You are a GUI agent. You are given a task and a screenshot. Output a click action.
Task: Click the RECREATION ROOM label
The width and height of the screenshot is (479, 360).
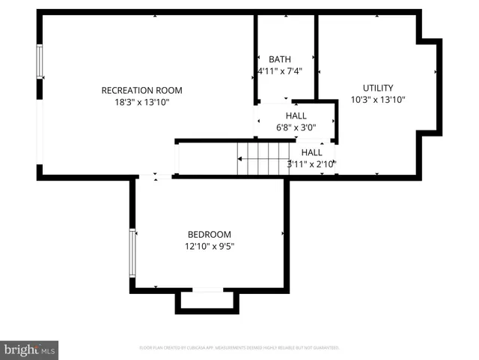141,91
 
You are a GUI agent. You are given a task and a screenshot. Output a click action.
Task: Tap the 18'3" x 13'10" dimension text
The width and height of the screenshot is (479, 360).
141,103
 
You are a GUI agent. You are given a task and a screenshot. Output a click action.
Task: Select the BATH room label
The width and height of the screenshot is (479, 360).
280,59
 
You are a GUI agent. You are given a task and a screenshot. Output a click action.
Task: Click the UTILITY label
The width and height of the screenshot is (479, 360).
378,88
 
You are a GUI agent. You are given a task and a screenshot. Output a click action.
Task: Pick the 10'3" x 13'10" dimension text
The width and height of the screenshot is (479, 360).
378,100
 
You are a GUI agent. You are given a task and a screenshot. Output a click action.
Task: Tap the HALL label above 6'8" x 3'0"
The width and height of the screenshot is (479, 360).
296,115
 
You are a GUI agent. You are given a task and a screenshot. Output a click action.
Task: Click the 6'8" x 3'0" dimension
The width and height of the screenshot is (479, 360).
296,127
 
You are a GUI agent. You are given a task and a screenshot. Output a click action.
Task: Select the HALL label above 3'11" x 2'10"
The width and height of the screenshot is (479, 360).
311,152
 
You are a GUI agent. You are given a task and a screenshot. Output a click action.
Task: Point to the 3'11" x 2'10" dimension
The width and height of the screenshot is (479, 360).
311,163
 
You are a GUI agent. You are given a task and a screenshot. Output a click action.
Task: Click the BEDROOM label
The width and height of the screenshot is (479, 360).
209,234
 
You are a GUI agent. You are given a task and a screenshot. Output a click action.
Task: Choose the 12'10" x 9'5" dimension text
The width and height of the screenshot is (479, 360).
209,246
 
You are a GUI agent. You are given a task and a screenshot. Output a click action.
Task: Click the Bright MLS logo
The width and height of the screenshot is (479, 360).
30,349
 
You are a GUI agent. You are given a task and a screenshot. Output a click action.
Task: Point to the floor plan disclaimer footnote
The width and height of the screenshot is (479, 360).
239,348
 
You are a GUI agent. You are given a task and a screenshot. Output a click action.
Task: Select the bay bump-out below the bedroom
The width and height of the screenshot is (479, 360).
207,301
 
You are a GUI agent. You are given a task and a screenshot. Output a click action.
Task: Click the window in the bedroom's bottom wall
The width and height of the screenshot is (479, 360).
207,289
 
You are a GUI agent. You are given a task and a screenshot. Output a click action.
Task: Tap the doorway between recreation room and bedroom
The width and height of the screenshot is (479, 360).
156,177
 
